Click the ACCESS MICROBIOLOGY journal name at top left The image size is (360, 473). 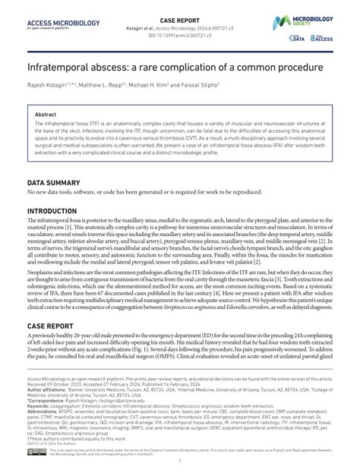tap(64, 24)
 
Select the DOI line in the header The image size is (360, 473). tap(180, 35)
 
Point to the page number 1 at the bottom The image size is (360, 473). tap(180, 462)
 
